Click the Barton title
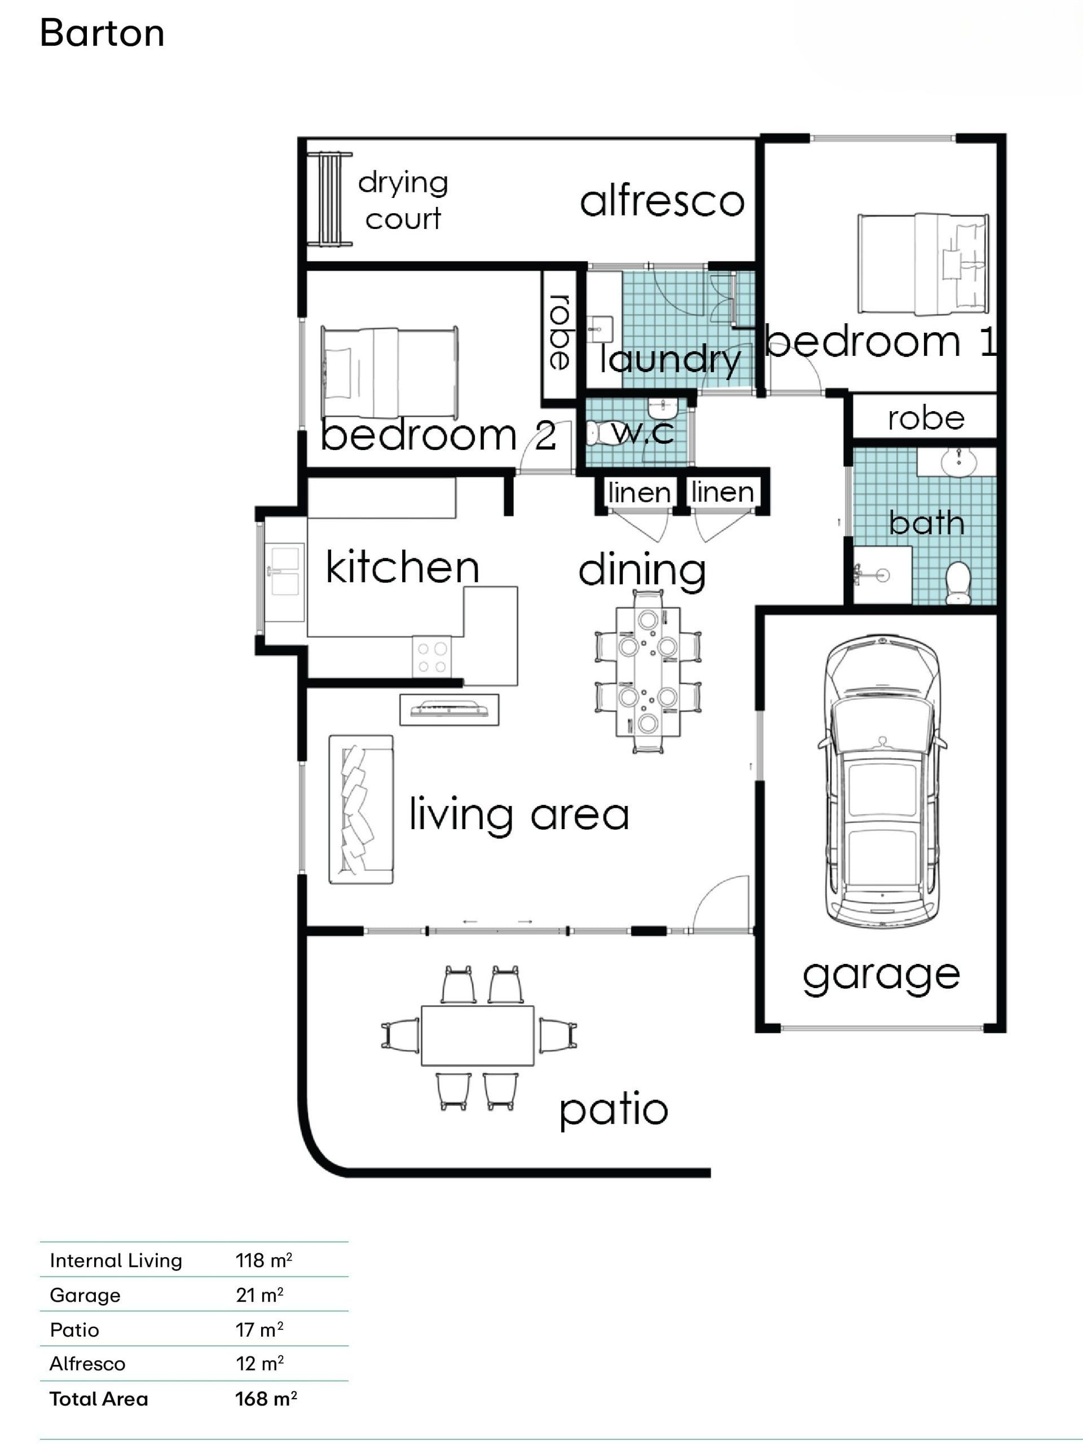(102, 33)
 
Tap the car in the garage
(882, 781)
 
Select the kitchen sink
(284, 572)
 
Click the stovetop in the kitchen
(432, 657)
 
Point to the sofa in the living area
(361, 809)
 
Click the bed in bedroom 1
(923, 263)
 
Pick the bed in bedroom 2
(389, 372)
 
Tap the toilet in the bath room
(958, 582)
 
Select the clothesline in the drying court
(330, 199)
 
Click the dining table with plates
(648, 671)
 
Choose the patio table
(478, 1037)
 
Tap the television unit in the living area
(449, 710)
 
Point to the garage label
(882, 976)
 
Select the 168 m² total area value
(266, 1398)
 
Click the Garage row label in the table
(85, 1296)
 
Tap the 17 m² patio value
(259, 1329)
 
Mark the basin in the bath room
(958, 462)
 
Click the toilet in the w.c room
(599, 433)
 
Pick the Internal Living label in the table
(116, 1261)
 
